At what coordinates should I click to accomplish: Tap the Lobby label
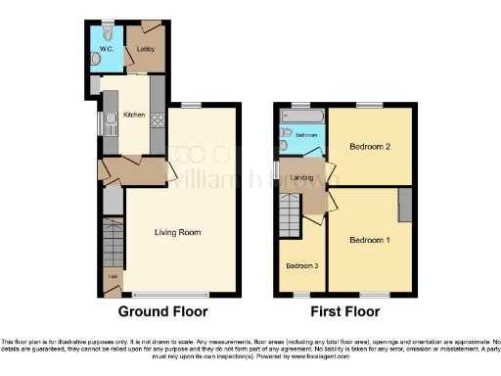coord(145,45)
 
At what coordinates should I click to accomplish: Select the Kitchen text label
coord(134,116)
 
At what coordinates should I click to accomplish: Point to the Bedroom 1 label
coord(369,240)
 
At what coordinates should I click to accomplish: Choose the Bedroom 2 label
coord(369,148)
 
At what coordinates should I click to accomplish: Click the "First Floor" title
coord(344,312)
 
